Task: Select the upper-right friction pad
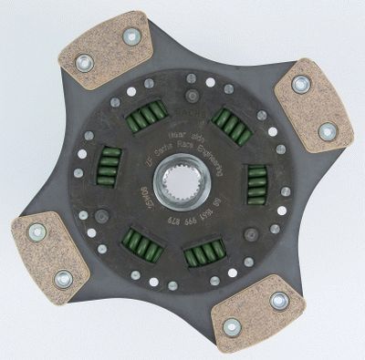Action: click(x=313, y=105)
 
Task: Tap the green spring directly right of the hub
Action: click(x=257, y=181)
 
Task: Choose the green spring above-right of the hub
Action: click(x=232, y=125)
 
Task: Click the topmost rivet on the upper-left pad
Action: click(x=131, y=37)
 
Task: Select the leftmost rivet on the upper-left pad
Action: click(x=84, y=63)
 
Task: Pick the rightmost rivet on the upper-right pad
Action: click(x=327, y=131)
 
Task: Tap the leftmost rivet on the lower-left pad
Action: click(x=37, y=232)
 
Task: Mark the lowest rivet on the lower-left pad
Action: click(x=62, y=279)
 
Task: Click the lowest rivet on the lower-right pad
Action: click(x=232, y=325)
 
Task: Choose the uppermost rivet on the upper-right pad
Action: click(x=300, y=85)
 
